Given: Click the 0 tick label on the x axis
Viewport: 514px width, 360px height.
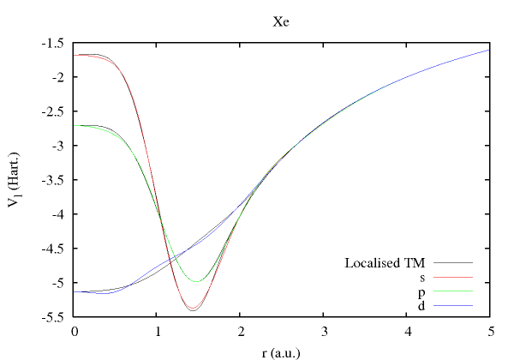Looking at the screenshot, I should pos(75,331).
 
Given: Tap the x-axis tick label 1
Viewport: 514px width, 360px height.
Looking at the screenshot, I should pos(158,331).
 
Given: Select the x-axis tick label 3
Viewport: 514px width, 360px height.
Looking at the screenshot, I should pos(324,331).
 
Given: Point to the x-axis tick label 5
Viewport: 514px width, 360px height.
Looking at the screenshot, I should pos(490,331).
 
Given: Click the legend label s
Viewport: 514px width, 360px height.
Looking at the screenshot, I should pos(423,277).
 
